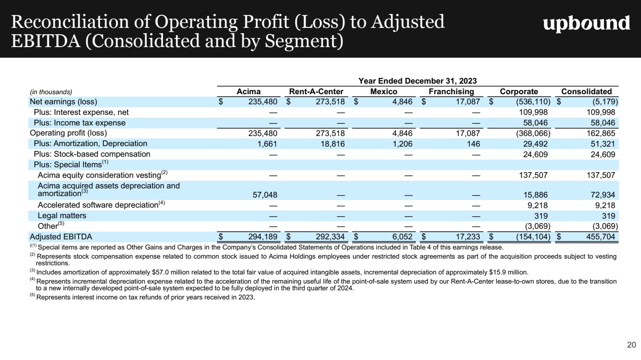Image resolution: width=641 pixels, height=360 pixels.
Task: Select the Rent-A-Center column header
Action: pyautogui.click(x=316, y=91)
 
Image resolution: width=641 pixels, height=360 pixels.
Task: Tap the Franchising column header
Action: pyautogui.click(x=451, y=91)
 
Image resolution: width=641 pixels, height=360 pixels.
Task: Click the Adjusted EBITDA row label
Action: pyautogui.click(x=61, y=236)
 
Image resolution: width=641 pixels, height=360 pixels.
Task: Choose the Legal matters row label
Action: pyautogui.click(x=62, y=215)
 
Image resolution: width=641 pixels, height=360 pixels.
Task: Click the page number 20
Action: pyautogui.click(x=631, y=344)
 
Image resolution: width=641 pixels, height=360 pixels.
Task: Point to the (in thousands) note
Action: pyautogui.click(x=51, y=92)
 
